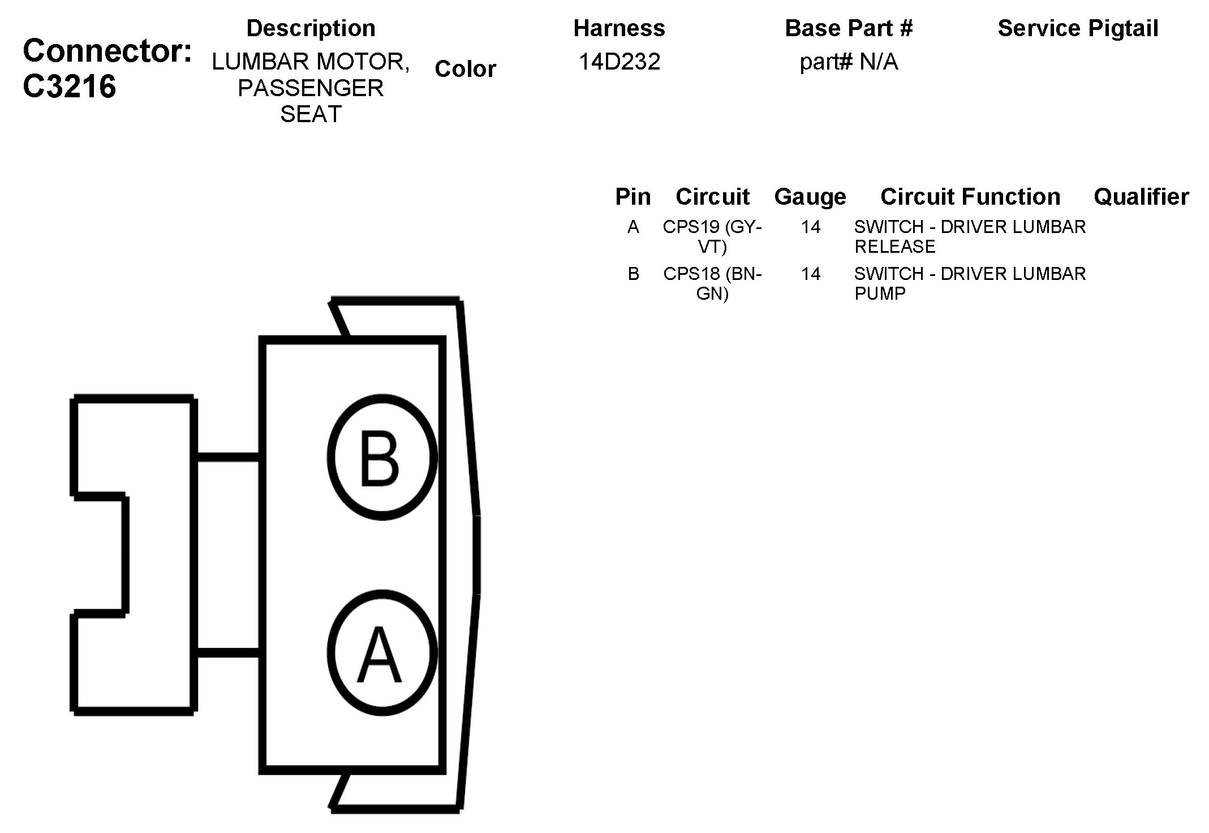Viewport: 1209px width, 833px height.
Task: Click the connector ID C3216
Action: click(70, 87)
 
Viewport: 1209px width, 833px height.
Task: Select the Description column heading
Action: click(311, 28)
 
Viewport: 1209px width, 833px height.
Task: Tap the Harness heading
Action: click(619, 28)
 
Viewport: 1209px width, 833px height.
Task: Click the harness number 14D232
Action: click(619, 62)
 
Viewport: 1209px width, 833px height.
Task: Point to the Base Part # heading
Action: click(849, 28)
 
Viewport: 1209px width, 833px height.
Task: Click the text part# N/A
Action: click(849, 62)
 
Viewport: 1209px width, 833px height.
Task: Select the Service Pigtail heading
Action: click(1078, 28)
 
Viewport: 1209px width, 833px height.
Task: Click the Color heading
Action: click(465, 69)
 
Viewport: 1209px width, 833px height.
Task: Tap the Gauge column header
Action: click(810, 197)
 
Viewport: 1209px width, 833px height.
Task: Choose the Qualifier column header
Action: click(1141, 197)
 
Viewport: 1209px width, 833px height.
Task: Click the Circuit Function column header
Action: click(970, 197)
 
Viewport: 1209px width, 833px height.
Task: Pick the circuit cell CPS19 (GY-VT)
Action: click(712, 236)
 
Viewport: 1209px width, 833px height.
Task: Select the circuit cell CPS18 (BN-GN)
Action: click(712, 283)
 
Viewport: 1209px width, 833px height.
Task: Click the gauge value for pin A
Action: click(810, 227)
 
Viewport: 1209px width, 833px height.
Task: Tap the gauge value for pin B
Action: click(810, 274)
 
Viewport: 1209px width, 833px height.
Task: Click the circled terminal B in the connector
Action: click(382, 457)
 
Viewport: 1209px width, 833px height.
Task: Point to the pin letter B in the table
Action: click(633, 274)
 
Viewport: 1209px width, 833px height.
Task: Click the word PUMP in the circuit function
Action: click(880, 294)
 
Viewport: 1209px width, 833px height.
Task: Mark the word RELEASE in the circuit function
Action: click(894, 247)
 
